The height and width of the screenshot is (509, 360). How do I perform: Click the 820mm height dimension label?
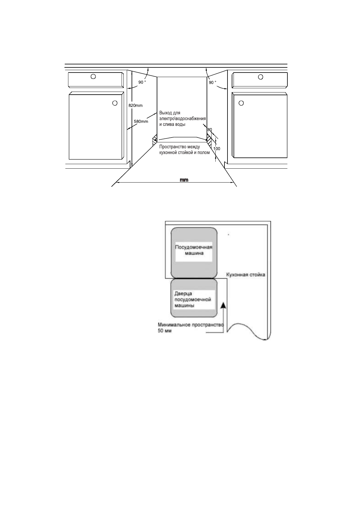pos(135,105)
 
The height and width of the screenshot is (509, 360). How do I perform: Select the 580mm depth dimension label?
pos(141,122)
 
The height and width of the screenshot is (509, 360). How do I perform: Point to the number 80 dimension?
pos(210,130)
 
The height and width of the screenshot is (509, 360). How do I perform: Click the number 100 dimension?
pos(217,149)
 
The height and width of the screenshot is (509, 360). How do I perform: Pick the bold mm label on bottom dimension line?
pos(184,180)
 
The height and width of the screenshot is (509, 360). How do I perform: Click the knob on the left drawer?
pos(93,76)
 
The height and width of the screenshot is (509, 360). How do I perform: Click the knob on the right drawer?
pos(260,77)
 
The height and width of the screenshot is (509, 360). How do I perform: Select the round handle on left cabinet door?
pos(115,103)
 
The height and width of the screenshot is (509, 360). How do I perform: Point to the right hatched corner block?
pos(209,139)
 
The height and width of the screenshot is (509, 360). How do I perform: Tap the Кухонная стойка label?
pos(246,275)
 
